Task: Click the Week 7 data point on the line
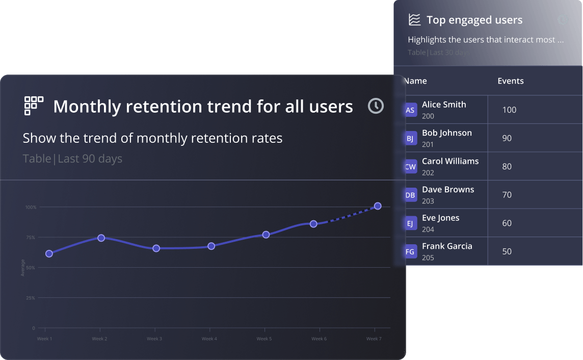378,206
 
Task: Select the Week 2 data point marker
101,238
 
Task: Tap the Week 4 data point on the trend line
211,246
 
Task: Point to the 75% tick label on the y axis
30,238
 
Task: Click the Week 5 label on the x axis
264,339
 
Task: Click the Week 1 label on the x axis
44,339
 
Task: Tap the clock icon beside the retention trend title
376,106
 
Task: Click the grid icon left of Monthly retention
34,106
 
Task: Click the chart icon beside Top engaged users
414,20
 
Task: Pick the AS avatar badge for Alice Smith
410,110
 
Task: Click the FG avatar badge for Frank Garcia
410,252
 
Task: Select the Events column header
511,81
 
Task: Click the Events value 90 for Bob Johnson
507,138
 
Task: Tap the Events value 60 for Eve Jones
507,223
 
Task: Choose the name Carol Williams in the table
450,161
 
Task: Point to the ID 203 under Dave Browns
428,201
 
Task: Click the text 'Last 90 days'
90,159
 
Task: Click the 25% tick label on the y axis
30,298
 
